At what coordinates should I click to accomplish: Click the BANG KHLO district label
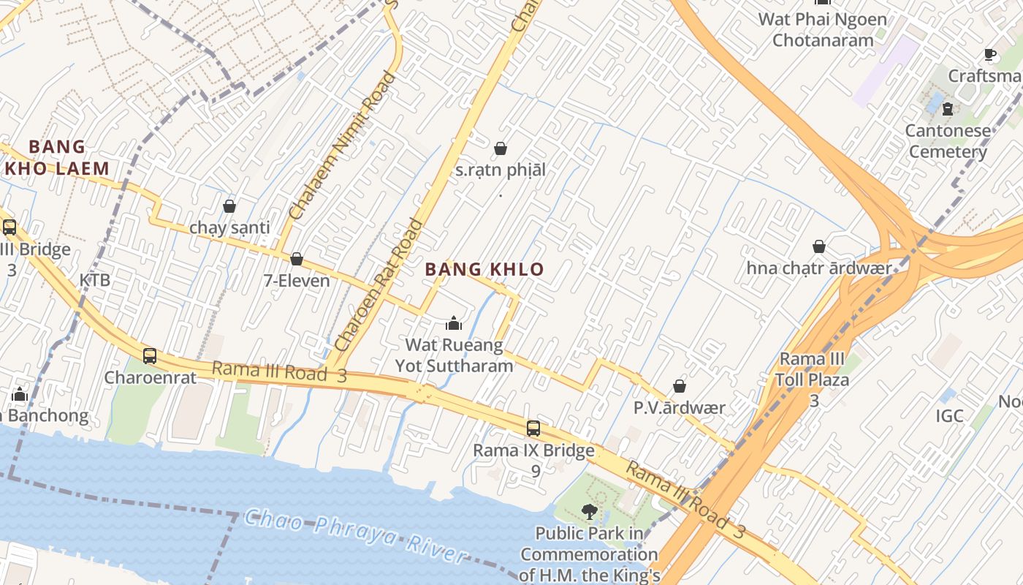[484, 269]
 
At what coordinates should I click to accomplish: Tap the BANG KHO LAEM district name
[57, 158]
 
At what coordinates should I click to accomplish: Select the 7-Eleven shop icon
[297, 260]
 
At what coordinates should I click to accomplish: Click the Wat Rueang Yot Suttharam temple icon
[454, 322]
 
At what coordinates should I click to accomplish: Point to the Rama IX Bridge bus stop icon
[533, 429]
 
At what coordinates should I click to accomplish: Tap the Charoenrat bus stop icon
[150, 356]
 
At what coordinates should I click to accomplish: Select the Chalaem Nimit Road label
[343, 146]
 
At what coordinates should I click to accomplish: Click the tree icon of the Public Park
[589, 511]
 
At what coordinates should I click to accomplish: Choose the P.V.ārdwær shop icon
[680, 386]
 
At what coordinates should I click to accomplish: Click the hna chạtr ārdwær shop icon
[819, 247]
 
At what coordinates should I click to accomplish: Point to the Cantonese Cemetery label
[948, 141]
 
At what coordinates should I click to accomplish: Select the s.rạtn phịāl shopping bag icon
[501, 149]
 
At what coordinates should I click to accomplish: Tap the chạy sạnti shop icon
[229, 206]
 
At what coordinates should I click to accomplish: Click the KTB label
[95, 280]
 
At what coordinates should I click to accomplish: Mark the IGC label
[950, 416]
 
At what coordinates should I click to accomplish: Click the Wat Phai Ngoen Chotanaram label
[823, 29]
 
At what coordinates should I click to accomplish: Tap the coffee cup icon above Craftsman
[990, 55]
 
